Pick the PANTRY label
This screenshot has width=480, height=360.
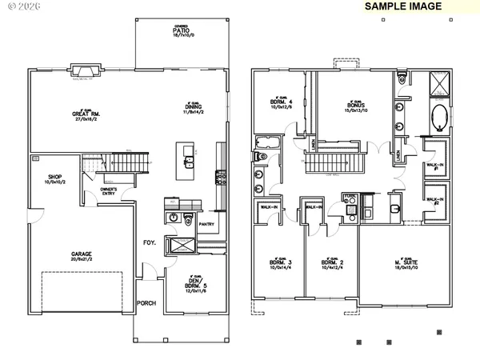pos(206,225)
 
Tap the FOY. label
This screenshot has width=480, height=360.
pos(149,241)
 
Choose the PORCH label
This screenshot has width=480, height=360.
pos(146,303)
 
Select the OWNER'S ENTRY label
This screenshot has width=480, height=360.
pos(109,190)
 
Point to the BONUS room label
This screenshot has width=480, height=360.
pos(356,105)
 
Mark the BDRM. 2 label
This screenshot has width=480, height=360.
pos(331,262)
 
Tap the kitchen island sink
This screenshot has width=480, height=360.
pos(190,164)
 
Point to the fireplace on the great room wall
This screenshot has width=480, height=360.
pos(82,69)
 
